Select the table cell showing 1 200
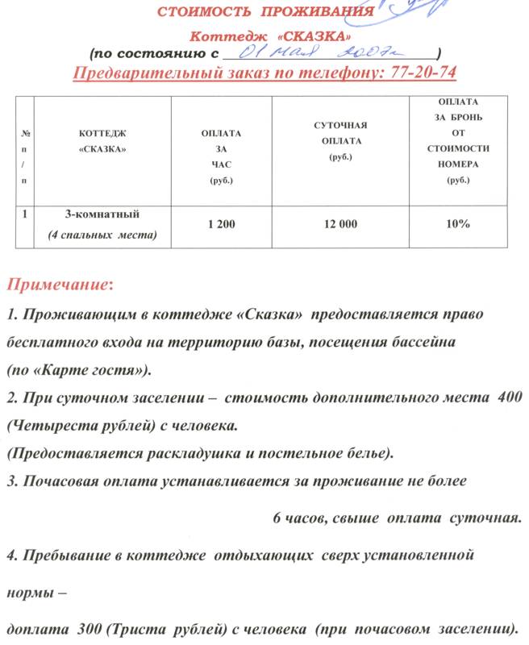(221, 224)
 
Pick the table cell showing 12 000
(339, 224)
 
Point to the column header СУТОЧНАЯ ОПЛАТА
(339, 140)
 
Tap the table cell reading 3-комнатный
(102, 214)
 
